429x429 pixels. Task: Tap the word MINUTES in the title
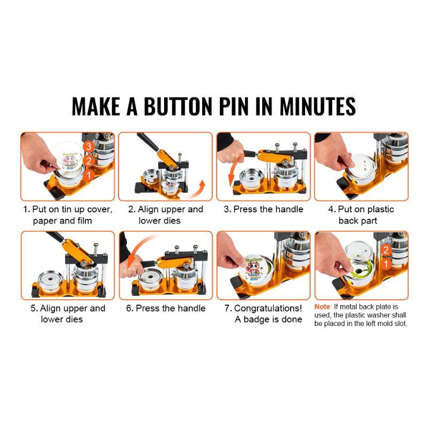tap(317, 106)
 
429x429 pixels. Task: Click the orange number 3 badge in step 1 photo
tap(89, 145)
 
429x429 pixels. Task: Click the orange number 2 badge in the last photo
tap(385, 249)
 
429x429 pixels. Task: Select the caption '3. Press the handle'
tap(263, 209)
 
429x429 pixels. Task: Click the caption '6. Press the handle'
tap(166, 308)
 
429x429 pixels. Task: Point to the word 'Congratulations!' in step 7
tap(268, 308)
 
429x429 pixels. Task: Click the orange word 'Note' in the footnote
tap(322, 306)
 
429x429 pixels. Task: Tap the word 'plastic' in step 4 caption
tap(378, 209)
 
